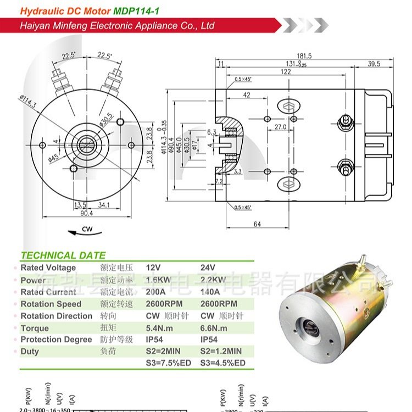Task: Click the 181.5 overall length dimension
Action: [x=304, y=55]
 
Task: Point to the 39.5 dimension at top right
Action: [x=374, y=64]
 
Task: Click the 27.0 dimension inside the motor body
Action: [x=281, y=126]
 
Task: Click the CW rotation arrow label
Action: [x=87, y=230]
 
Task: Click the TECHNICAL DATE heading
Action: [x=63, y=255]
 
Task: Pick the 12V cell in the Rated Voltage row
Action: [x=155, y=268]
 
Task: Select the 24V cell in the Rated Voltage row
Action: [x=208, y=268]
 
